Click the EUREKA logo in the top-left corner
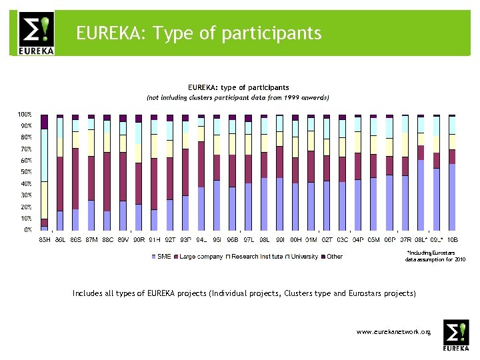pos(36,33)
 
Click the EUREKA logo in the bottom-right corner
pos(456,336)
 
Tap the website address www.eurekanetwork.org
pos(393,331)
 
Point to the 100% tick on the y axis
pos(25,115)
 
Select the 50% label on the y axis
pos(25,172)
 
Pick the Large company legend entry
pos(198,257)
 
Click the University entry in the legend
pos(304,257)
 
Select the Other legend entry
pos(334,257)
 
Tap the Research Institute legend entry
pos(257,257)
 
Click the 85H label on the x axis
pos(44,239)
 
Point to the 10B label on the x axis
pos(452,239)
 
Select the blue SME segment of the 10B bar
pos(452,197)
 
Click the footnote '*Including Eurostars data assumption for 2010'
pos(435,257)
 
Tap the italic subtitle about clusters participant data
pos(238,97)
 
